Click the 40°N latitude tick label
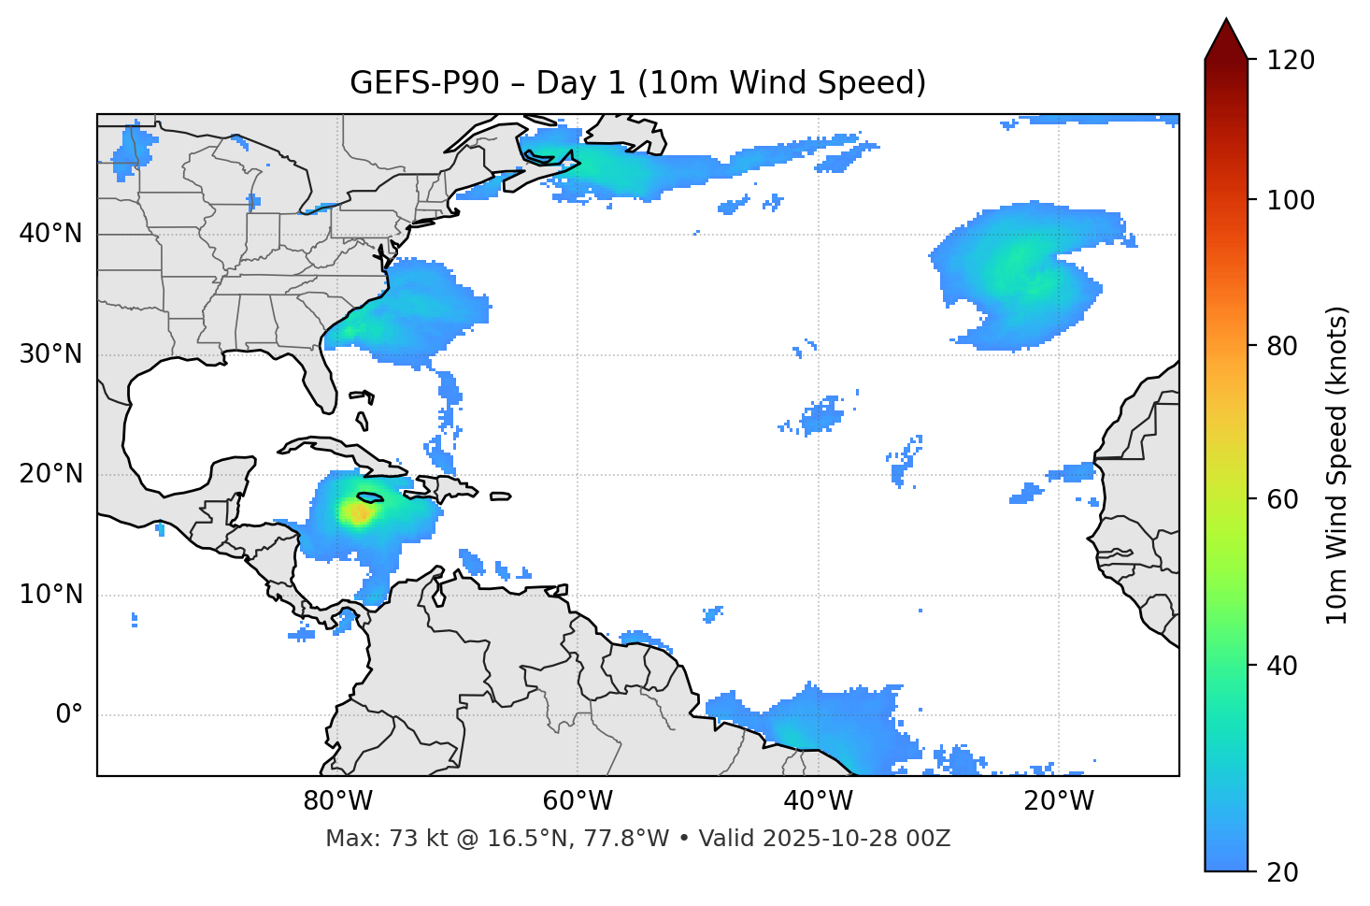tap(50, 234)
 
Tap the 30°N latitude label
tap(50, 354)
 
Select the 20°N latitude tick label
tap(50, 474)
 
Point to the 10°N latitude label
tap(50, 595)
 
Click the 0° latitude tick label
tap(68, 715)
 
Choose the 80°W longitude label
tap(337, 801)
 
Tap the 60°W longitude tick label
tap(578, 801)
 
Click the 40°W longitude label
tap(818, 801)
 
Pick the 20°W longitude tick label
tap(1058, 801)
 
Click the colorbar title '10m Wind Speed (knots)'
tap(1338, 465)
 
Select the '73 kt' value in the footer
tap(398, 839)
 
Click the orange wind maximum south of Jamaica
tap(359, 512)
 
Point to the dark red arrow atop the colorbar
tap(1226, 39)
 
